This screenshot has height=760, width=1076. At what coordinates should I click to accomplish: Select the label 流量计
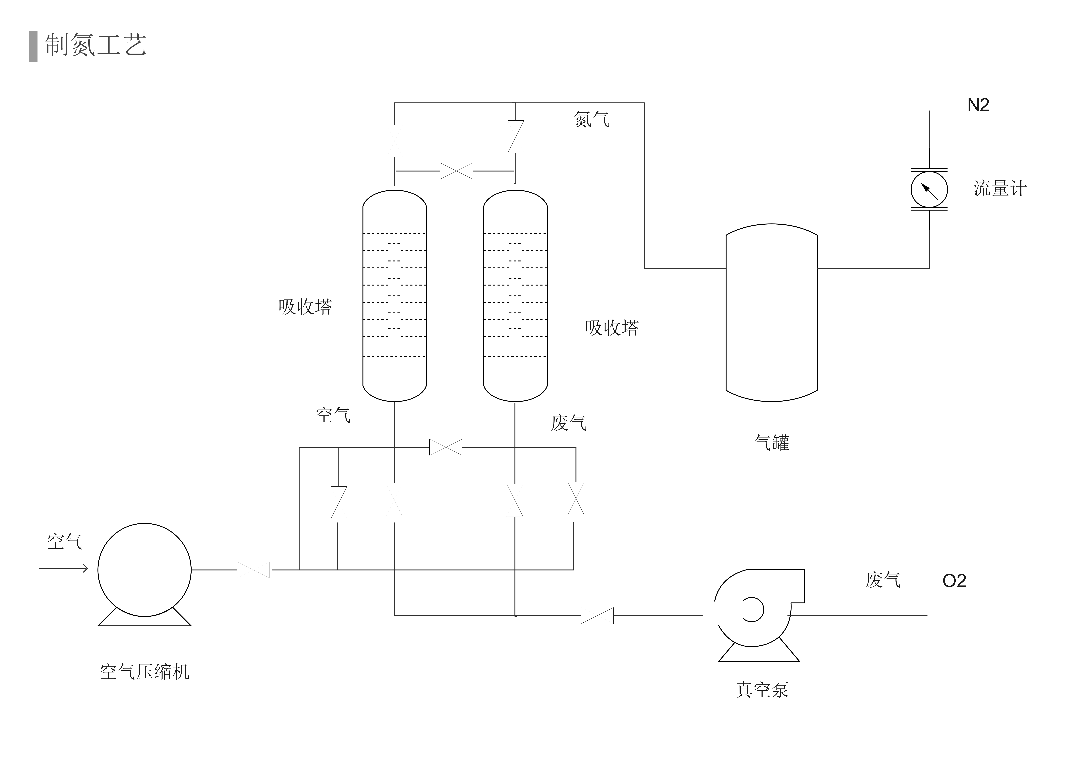coord(1000,189)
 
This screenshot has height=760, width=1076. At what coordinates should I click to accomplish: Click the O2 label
coord(954,581)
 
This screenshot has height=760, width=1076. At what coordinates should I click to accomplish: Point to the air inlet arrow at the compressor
coord(63,569)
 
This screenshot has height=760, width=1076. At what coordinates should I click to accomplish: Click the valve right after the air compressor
coord(253,570)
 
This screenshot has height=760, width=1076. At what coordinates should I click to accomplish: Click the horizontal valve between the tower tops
coord(456,171)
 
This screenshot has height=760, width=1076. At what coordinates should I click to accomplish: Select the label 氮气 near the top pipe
coord(591,119)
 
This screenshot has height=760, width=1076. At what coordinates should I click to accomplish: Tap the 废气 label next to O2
coord(882,580)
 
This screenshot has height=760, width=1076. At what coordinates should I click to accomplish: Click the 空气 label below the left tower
coord(333,415)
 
